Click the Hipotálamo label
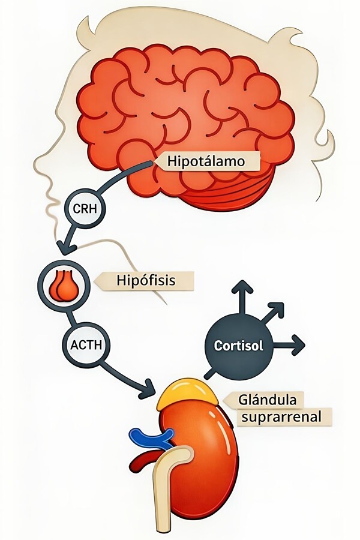coord(206,162)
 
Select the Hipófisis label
coord(146,280)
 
